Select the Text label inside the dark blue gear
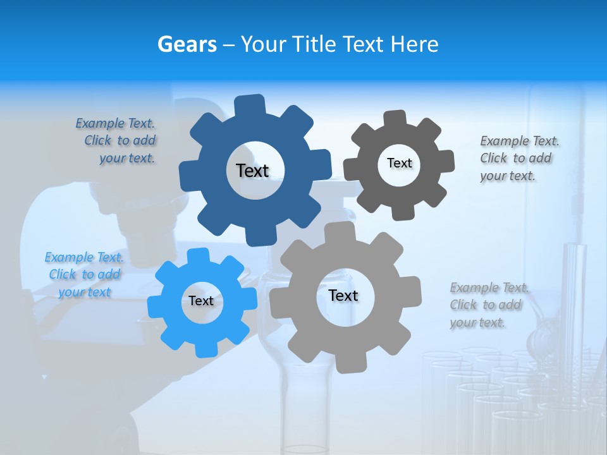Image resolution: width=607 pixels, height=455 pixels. click(253, 171)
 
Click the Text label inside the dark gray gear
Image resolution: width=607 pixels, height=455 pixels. click(399, 163)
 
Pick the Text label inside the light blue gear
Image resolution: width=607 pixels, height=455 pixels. click(201, 301)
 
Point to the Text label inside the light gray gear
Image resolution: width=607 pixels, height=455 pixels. click(343, 295)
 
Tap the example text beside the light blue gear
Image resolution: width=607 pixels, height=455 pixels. click(84, 274)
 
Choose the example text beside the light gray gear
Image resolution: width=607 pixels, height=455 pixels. click(487, 305)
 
